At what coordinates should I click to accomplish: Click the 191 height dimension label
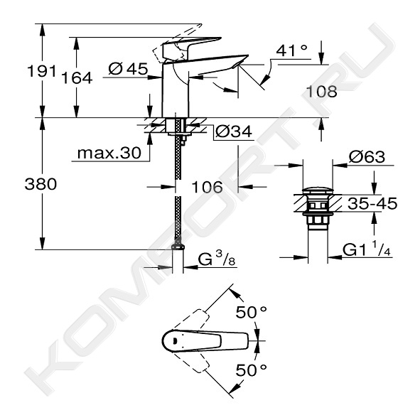coord(42,72)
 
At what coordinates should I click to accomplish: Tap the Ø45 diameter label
coord(128,69)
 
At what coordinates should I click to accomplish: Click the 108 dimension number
coord(321,92)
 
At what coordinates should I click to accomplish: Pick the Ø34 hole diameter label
coord(234,131)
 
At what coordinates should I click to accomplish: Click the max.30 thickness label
coord(109,154)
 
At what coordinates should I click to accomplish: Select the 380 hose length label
coord(41,184)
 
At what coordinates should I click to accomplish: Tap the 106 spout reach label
coord(207,187)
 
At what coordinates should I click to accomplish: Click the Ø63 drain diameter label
coord(367,156)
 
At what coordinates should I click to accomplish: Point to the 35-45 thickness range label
coord(372,203)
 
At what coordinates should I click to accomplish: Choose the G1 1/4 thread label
coord(367,250)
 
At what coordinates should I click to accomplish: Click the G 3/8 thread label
coord(217,259)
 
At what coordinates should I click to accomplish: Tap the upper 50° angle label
coord(251,312)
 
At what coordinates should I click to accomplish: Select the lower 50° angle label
coord(251,370)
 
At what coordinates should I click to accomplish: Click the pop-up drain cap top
coord(318,190)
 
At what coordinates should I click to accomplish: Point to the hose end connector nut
coord(178,247)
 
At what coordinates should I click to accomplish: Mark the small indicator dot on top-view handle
coord(174,341)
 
